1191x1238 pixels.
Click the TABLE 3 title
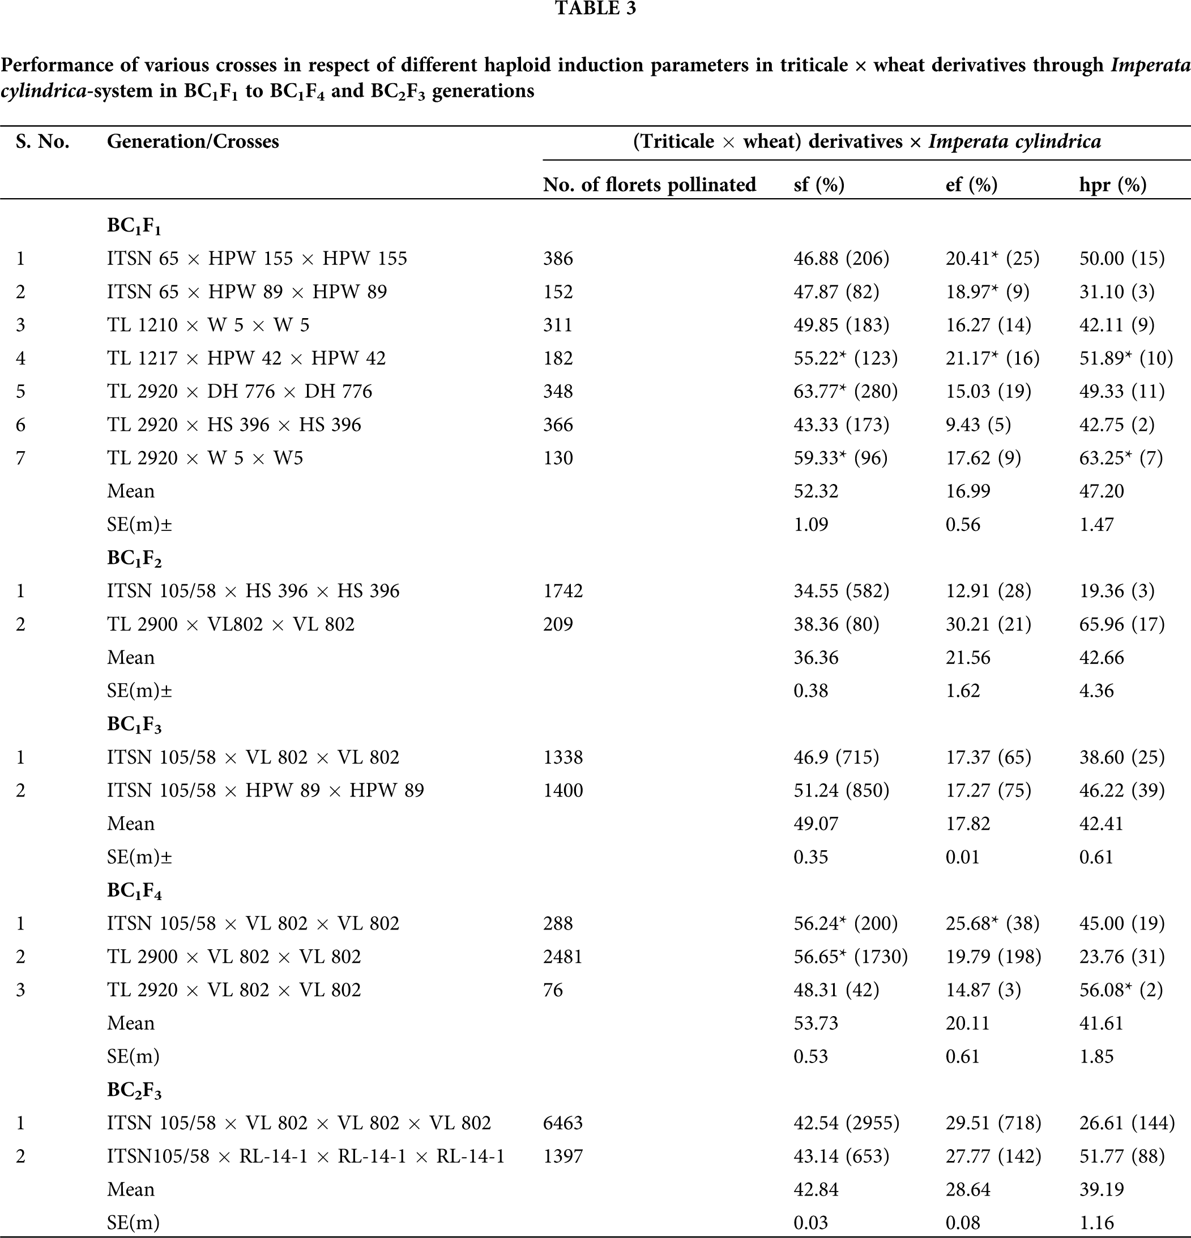[595, 8]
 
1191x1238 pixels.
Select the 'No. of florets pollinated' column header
[649, 185]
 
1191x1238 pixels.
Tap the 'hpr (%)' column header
[1112, 185]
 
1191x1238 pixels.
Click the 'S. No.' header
[43, 142]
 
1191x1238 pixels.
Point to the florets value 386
[558, 258]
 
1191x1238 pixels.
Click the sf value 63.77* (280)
[846, 391]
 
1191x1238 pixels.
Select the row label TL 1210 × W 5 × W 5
[208, 325]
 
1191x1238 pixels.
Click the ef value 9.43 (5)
[978, 425]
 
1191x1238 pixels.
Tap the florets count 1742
[563, 590]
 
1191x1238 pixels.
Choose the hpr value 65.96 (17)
[1121, 624]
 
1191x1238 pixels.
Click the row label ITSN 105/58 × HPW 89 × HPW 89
[266, 790]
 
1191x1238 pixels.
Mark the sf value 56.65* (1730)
[851, 956]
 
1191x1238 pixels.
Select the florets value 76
[553, 989]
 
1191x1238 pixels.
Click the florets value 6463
[563, 1123]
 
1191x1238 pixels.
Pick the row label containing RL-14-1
[306, 1156]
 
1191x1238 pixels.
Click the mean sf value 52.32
[816, 491]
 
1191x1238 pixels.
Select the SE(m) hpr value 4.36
[1096, 691]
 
